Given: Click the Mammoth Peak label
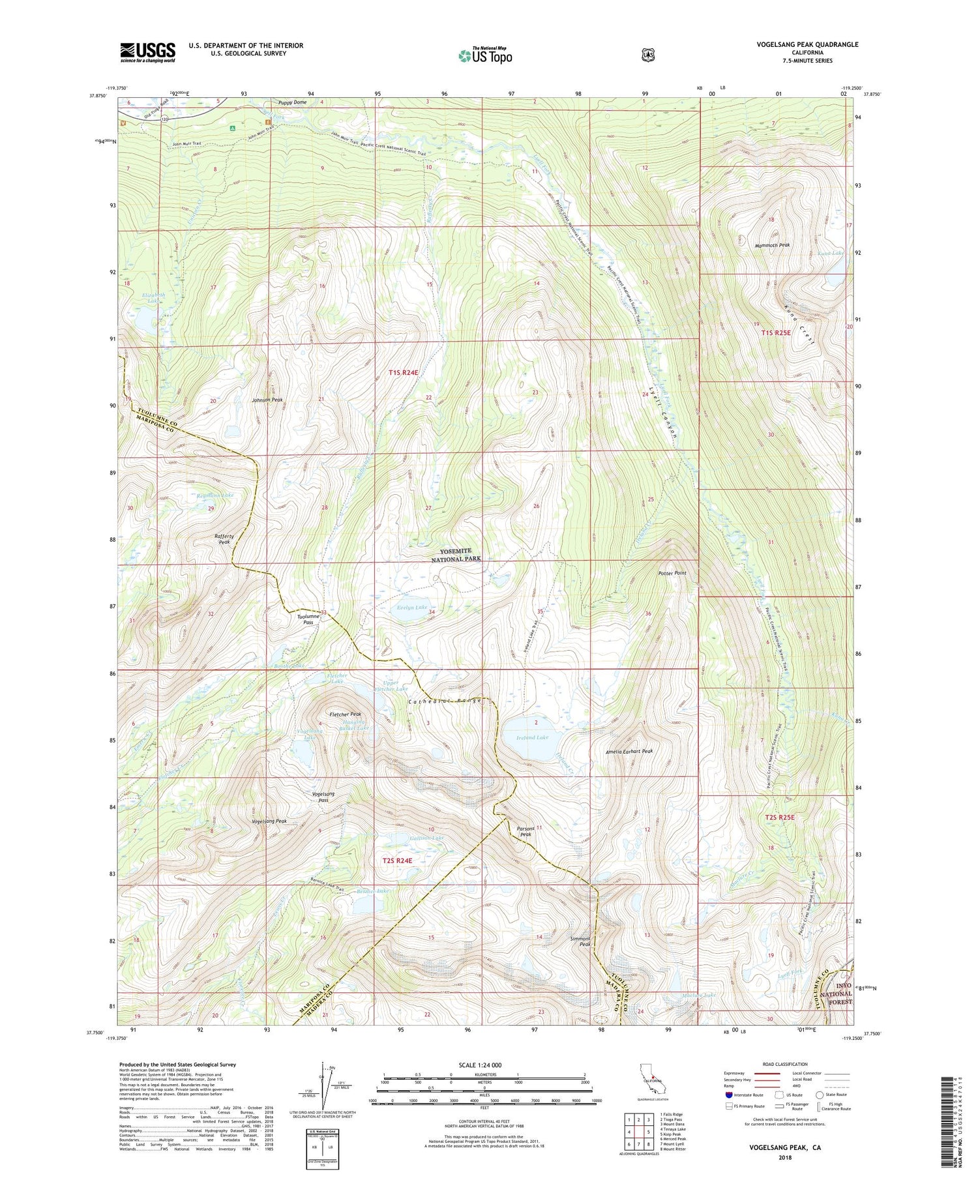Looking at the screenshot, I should point(772,245).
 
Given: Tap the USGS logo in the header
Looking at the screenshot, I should point(147,52).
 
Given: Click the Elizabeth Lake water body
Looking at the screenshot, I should point(145,319).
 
